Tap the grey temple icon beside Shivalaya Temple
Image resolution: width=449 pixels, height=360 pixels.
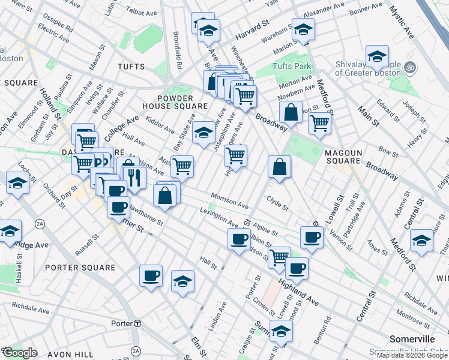point(411,66)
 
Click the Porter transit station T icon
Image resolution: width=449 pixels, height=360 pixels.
point(137,323)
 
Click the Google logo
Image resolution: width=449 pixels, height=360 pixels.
point(20,353)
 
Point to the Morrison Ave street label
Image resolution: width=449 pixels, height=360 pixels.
point(229,201)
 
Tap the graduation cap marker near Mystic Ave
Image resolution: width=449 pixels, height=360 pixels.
point(377,58)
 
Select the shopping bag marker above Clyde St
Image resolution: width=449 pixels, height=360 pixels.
point(280,167)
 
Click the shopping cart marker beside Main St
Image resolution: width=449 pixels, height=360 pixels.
point(319,122)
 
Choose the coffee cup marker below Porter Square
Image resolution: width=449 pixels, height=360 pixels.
point(151,276)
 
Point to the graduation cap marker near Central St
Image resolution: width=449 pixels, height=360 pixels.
point(421,241)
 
